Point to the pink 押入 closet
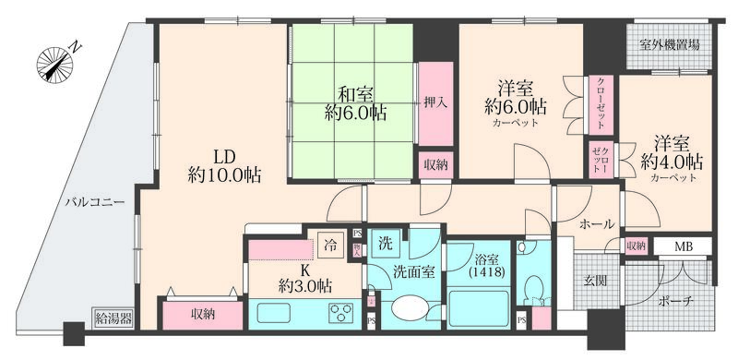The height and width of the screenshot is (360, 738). coord(436,102)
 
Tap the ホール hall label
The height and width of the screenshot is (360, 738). coord(597,223)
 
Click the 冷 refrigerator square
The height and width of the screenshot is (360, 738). coord(329,245)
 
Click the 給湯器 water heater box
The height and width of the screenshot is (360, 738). coord(113,319)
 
